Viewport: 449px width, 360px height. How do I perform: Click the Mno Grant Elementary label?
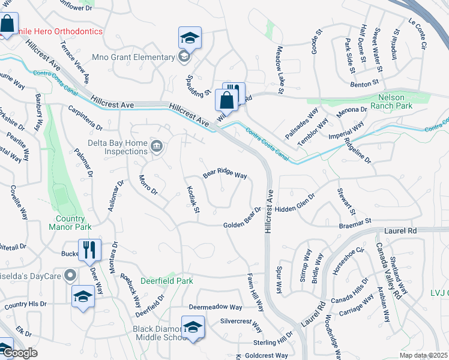[133, 58]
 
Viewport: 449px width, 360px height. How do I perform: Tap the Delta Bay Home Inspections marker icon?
[157, 146]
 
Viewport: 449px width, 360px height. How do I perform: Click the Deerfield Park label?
[167, 280]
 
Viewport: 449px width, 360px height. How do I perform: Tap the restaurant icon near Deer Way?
[89, 250]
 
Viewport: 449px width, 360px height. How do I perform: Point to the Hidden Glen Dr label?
[295, 203]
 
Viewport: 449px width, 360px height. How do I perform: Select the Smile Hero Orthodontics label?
[55, 31]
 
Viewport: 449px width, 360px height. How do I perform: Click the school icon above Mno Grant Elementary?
[190, 38]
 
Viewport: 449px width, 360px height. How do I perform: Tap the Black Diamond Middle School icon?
[193, 328]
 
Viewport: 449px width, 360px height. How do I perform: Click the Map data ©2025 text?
[424, 356]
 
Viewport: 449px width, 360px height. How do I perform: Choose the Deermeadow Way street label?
[215, 307]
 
